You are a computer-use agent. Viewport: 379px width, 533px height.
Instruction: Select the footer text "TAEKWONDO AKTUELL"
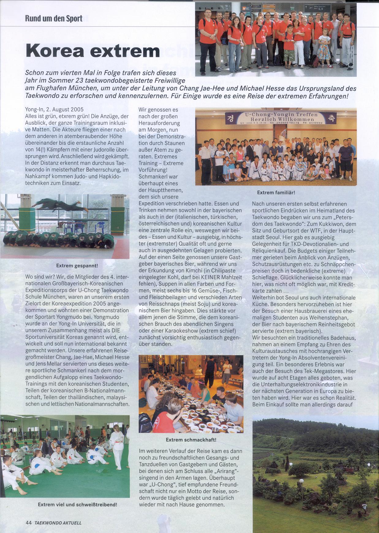pos(58,523)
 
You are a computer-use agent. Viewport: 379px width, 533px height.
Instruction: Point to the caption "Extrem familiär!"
pos(276,193)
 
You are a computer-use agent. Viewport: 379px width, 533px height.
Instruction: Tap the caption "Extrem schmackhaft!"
pos(191,440)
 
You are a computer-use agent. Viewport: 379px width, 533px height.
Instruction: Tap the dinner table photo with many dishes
pos(191,395)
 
